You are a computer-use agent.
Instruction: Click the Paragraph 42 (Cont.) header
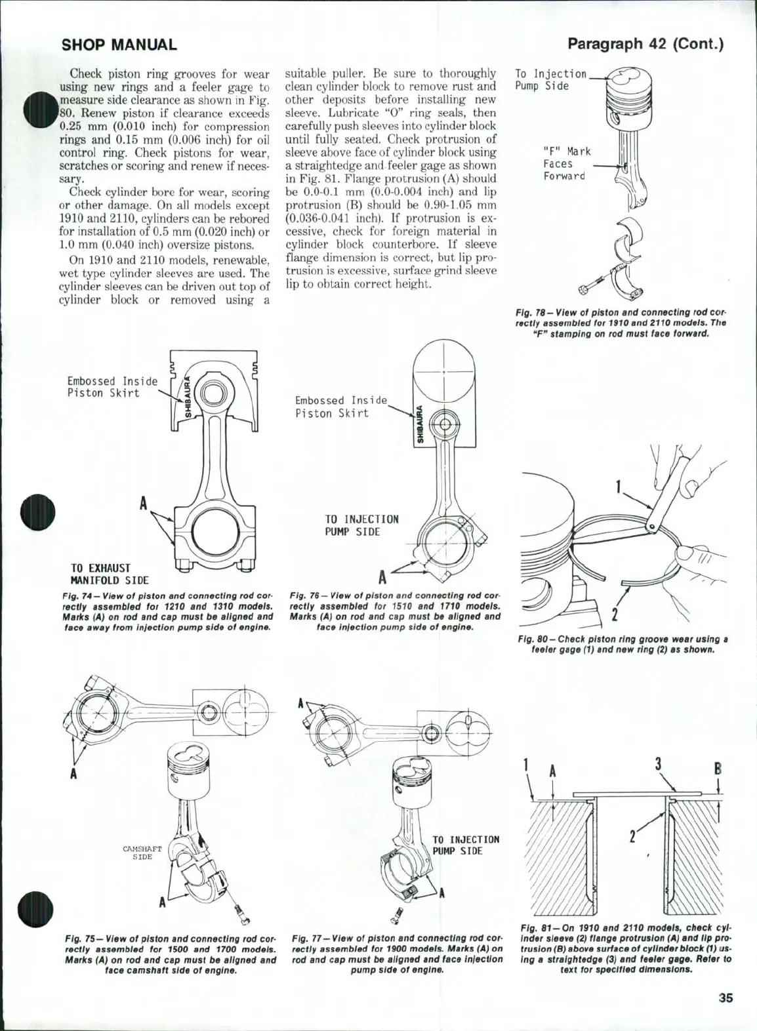[645, 44]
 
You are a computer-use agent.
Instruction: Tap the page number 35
[725, 998]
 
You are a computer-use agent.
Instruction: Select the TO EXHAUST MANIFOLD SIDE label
[109, 574]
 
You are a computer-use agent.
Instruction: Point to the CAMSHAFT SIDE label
[142, 853]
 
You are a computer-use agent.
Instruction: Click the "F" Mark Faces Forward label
[566, 164]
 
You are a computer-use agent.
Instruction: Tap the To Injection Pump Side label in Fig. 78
[550, 80]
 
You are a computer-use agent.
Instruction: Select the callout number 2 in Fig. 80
[615, 614]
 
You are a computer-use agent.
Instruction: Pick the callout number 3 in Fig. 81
[658, 763]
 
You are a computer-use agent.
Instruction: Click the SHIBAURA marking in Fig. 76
[420, 425]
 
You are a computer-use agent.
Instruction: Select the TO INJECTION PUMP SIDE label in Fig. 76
[361, 525]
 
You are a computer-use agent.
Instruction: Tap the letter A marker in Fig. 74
[142, 504]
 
